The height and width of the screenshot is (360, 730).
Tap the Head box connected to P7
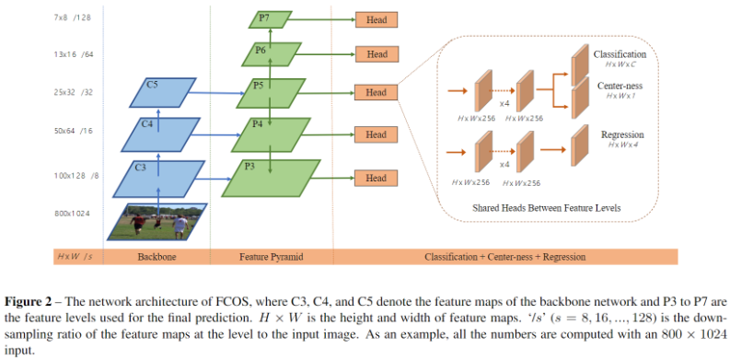[x=377, y=18]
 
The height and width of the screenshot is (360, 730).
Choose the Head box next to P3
[x=377, y=178]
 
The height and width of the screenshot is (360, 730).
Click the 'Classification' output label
[x=620, y=55]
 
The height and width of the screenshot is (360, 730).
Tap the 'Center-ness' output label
[x=619, y=86]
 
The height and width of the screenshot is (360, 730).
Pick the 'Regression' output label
[x=621, y=134]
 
